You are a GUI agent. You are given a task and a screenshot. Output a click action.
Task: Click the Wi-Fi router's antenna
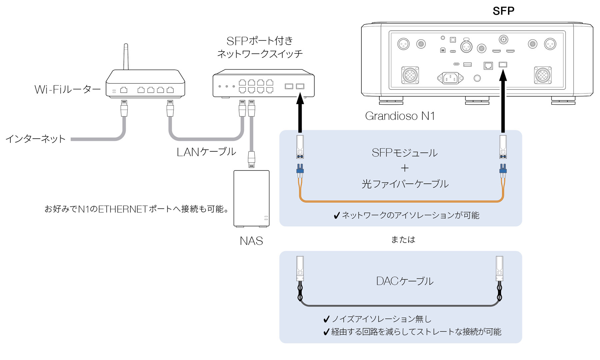pyautogui.click(x=126, y=57)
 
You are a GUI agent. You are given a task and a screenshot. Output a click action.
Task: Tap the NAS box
pyautogui.click(x=251, y=198)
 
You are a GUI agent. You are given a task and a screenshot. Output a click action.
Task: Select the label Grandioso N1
pyautogui.click(x=400, y=116)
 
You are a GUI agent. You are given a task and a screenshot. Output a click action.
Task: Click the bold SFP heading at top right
pyautogui.click(x=503, y=11)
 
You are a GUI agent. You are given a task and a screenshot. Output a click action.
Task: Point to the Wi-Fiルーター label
pyautogui.click(x=68, y=89)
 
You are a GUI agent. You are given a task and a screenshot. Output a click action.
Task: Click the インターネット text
pyautogui.click(x=36, y=139)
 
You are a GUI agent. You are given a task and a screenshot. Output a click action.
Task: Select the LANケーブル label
pyautogui.click(x=206, y=152)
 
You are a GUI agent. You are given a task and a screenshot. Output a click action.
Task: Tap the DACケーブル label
pyautogui.click(x=405, y=281)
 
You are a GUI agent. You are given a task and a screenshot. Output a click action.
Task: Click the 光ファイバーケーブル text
pyautogui.click(x=405, y=184)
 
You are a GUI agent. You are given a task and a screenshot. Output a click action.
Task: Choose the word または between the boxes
pyautogui.click(x=403, y=239)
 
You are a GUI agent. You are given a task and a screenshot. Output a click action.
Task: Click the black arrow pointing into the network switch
pyautogui.click(x=300, y=113)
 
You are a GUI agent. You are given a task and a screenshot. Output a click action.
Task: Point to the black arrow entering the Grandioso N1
pyautogui.click(x=503, y=103)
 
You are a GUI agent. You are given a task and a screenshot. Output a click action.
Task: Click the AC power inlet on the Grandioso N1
pyautogui.click(x=450, y=78)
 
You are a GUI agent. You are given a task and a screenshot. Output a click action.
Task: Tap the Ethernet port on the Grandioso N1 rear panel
pyautogui.click(x=488, y=65)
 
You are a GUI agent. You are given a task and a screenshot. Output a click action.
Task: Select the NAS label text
pyautogui.click(x=251, y=241)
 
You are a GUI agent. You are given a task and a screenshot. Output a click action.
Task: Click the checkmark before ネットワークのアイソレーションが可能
pyautogui.click(x=337, y=216)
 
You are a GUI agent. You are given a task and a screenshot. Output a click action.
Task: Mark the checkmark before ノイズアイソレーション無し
pyautogui.click(x=327, y=319)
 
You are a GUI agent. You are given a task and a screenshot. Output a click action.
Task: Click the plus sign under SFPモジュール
pyautogui.click(x=405, y=168)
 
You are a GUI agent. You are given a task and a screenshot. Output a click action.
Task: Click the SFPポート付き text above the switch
pyautogui.click(x=260, y=41)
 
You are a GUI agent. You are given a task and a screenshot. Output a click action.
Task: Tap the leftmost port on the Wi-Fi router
pyautogui.click(x=124, y=90)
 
